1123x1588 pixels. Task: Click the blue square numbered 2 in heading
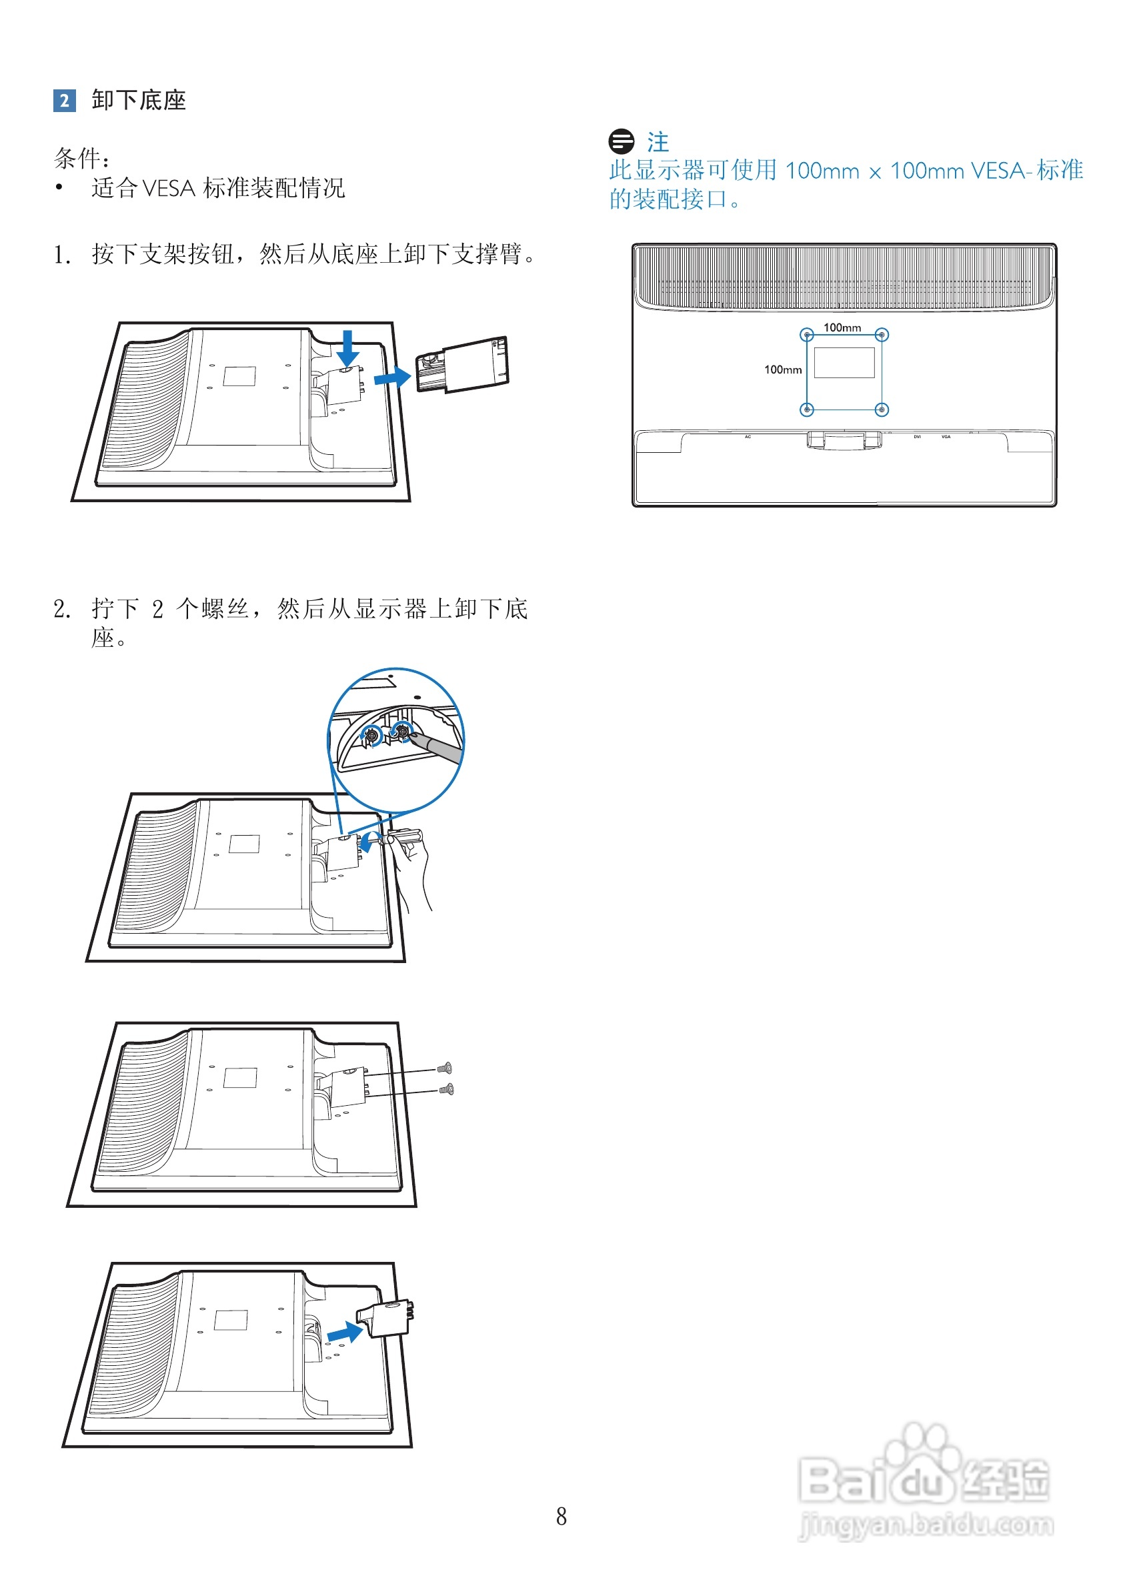64,100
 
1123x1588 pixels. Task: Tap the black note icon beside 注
621,141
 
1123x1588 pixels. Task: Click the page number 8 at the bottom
561,1515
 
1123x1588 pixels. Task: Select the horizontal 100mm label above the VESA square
842,327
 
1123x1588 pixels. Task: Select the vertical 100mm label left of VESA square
782,369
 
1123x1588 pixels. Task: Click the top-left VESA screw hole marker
806,335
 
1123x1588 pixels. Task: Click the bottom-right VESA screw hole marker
882,410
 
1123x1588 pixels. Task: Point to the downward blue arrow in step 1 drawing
348,348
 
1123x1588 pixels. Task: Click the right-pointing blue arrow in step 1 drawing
392,377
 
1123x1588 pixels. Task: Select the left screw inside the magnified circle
373,735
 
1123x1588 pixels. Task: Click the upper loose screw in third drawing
445,1068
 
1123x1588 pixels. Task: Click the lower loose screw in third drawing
447,1090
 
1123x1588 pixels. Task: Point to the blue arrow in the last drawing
345,1331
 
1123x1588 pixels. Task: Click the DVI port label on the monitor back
917,437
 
